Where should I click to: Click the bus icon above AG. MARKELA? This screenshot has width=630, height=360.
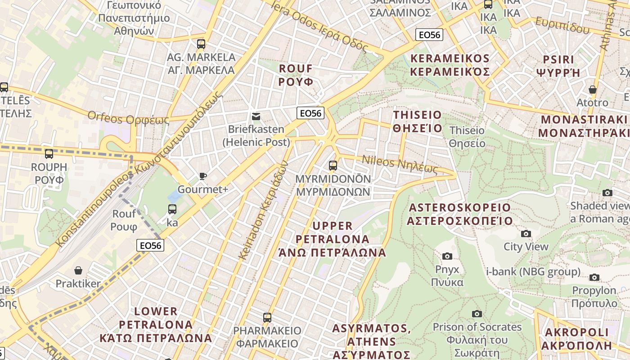[201, 44]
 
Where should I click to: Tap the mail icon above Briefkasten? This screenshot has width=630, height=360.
[256, 117]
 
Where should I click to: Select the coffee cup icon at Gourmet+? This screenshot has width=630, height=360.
[203, 176]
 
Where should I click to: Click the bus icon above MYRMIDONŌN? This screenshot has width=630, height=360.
[333, 166]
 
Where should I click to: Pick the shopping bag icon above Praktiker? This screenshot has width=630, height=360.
[78, 270]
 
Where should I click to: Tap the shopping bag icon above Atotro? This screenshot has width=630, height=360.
[593, 90]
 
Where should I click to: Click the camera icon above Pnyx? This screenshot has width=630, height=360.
[447, 256]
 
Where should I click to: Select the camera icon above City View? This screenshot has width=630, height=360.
[526, 234]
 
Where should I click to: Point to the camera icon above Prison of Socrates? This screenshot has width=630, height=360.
[477, 314]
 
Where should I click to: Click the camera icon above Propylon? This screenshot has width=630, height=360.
[594, 277]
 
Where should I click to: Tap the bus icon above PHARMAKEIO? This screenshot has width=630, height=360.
[267, 318]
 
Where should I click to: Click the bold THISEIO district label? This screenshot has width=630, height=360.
[417, 121]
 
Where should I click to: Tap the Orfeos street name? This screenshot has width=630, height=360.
[128, 118]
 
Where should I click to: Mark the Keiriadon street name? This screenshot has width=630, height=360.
[262, 210]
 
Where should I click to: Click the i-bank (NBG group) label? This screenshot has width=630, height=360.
[533, 272]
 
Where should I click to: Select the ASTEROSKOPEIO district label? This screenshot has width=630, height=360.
[459, 214]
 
